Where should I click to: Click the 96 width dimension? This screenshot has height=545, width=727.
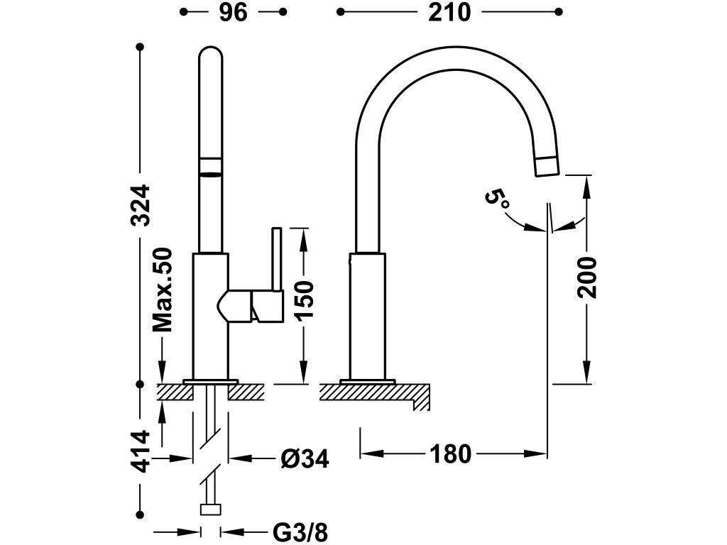[233, 12]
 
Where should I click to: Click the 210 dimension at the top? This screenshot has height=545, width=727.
[449, 12]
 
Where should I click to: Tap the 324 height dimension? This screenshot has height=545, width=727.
[142, 205]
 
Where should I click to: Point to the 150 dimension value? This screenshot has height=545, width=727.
[303, 302]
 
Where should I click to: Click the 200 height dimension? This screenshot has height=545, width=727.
[587, 277]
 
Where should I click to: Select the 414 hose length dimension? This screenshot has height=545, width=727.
[142, 451]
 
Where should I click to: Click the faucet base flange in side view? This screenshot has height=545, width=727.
[368, 382]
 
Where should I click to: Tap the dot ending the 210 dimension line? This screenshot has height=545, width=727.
[559, 12]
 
